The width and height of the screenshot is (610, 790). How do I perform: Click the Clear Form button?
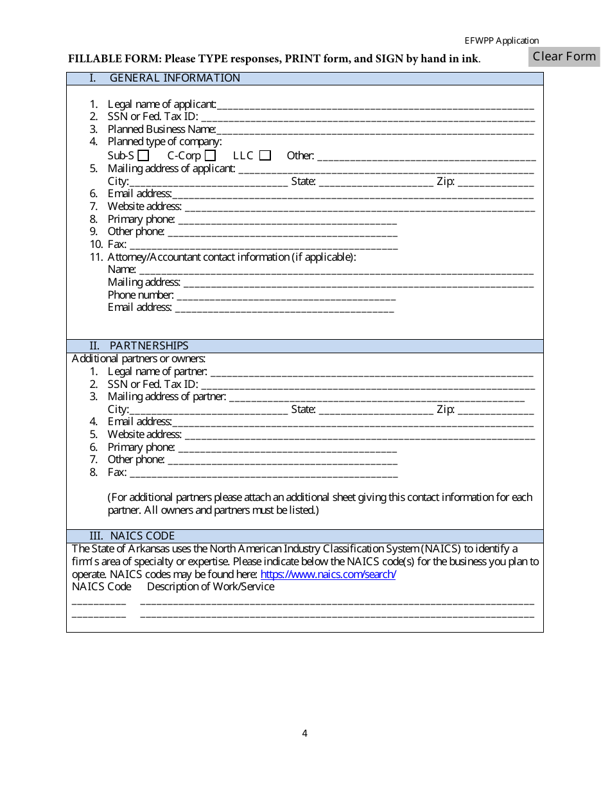(564, 57)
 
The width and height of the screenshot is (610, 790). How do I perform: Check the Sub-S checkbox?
(143, 155)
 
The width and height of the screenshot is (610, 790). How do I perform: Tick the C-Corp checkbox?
(210, 155)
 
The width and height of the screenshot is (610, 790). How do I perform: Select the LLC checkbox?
(265, 155)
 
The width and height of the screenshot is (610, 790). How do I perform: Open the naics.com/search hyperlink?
(328, 574)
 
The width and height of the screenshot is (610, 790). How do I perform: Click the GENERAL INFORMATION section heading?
(175, 78)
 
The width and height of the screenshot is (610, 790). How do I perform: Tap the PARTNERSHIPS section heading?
(149, 346)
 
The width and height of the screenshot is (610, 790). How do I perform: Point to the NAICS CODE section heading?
(142, 536)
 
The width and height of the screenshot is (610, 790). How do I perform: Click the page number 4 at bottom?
(305, 733)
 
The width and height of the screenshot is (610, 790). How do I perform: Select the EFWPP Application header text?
(501, 40)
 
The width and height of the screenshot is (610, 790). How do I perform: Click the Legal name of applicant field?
(375, 105)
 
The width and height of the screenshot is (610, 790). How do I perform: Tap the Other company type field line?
(426, 156)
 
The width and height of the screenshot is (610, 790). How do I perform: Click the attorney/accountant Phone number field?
(286, 295)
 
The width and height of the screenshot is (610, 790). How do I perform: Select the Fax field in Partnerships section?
(263, 473)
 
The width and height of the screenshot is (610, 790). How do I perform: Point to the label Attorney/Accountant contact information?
(231, 257)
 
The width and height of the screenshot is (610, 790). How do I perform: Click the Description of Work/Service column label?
(211, 586)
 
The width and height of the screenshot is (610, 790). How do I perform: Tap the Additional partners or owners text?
(139, 358)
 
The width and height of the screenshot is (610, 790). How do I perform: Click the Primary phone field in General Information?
(287, 220)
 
